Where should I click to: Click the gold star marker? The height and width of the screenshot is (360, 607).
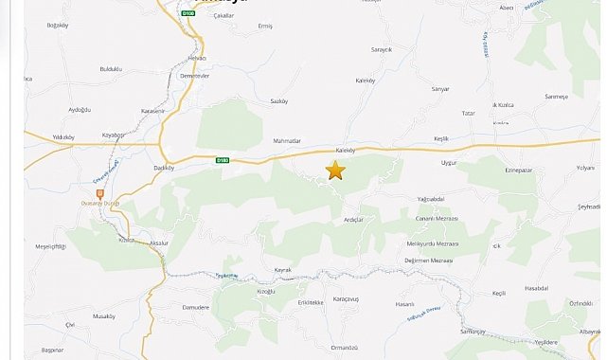click(335, 171)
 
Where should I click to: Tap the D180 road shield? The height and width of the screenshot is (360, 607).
click(223, 160)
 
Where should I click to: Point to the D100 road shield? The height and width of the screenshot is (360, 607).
click(188, 14)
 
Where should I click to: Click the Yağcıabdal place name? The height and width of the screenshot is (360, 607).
click(430, 199)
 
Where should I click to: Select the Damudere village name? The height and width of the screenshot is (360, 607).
click(195, 308)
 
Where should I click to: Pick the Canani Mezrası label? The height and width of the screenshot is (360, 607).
click(437, 218)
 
